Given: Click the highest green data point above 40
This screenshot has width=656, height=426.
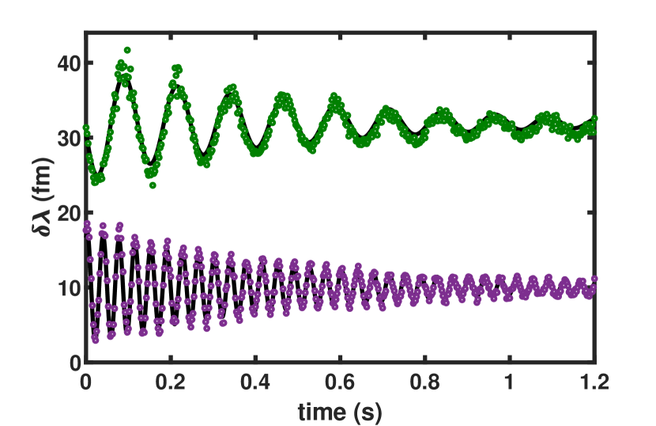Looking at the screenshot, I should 127,50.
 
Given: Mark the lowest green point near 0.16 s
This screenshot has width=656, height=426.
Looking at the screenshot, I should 153,185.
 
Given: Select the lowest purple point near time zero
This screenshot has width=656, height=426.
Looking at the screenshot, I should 95,340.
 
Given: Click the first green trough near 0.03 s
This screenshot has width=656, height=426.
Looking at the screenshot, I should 95,181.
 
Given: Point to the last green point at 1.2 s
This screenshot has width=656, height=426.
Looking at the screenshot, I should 594,119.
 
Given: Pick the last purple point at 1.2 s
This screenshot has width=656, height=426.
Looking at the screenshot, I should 594,278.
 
